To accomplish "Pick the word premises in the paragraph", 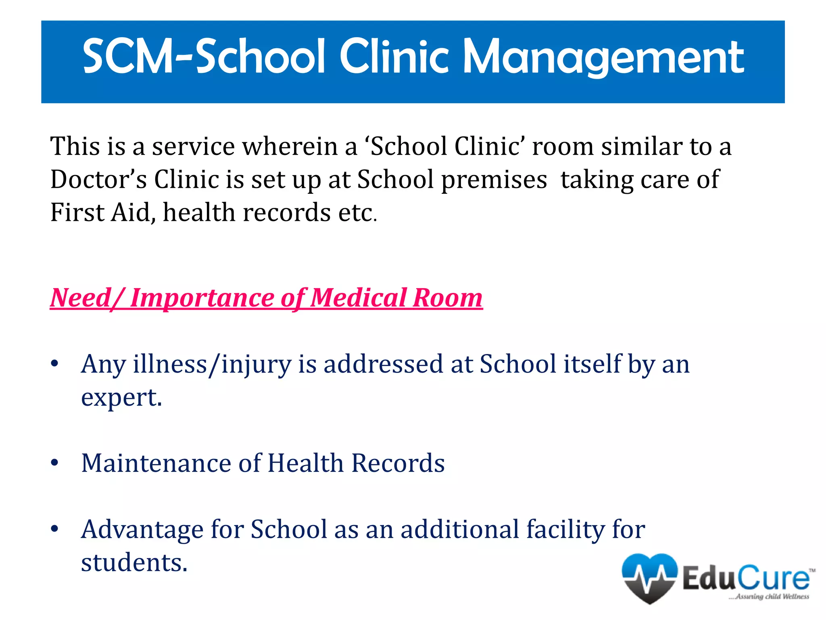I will point(494,180).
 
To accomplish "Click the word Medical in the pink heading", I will point(359,298).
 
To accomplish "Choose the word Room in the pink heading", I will point(448,298).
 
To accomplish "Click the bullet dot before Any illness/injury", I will point(55,364).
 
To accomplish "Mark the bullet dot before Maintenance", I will point(55,463).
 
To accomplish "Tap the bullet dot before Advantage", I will point(55,529).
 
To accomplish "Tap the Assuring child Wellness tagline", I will point(769,597).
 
